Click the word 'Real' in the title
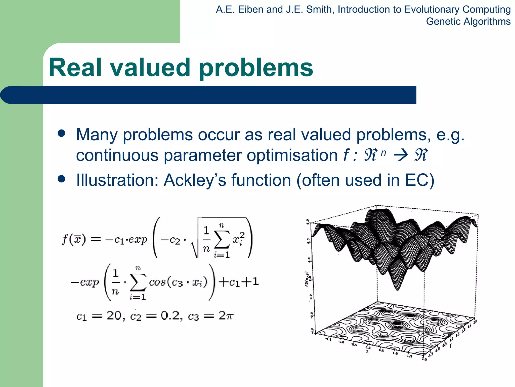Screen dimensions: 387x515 tap(75, 67)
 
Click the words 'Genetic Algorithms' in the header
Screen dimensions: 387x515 tap(468, 21)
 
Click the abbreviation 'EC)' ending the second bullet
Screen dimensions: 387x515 tap(420, 180)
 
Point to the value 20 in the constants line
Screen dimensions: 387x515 tap(114, 315)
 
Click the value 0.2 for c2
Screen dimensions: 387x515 tap(170, 315)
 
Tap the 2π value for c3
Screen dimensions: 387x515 tap(226, 315)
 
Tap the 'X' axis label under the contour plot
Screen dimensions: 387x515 tap(367, 351)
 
